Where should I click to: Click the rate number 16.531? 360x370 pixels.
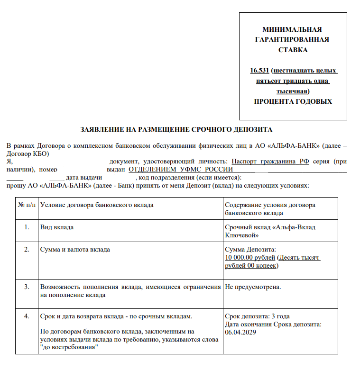click(x=259, y=71)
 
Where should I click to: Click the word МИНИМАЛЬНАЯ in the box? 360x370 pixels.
click(x=292, y=29)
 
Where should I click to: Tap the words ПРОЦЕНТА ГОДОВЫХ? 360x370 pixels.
click(x=293, y=101)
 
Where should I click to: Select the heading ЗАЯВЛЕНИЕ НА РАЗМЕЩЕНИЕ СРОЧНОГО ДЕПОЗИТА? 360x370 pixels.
click(x=176, y=129)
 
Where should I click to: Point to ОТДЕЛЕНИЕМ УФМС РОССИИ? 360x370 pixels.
click(x=181, y=169)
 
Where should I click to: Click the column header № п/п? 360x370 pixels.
click(x=27, y=205)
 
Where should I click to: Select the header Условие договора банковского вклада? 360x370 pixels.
click(x=97, y=205)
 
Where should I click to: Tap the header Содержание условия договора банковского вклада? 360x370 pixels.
click(x=270, y=209)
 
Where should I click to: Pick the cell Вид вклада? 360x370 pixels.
click(x=57, y=227)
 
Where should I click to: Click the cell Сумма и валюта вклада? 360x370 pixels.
click(x=75, y=249)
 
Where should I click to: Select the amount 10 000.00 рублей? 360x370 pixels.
click(x=250, y=258)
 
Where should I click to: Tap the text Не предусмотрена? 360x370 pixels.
click(x=253, y=287)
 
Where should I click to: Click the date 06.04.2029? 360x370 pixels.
click(x=241, y=332)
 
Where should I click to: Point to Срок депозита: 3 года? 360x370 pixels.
click(x=257, y=316)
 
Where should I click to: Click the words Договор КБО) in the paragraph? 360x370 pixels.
click(x=28, y=154)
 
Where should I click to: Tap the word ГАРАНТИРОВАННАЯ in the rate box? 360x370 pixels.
click(x=292, y=40)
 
